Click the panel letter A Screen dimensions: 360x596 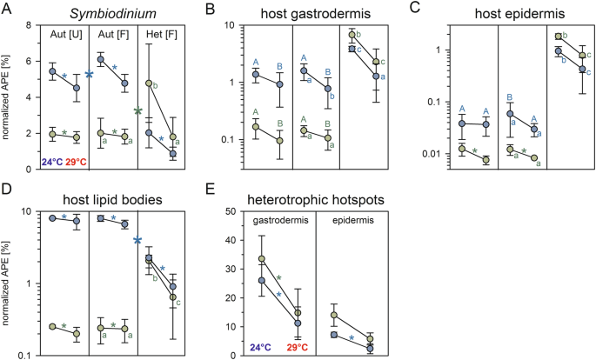[8, 9]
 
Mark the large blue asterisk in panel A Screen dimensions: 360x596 [90, 76]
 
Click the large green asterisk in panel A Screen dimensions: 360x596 [138, 111]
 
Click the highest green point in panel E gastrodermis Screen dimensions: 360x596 [263, 259]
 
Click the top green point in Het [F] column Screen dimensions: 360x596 [150, 83]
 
